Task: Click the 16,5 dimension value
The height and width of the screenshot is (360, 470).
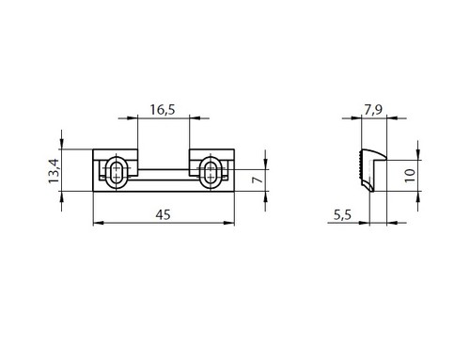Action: click(x=163, y=110)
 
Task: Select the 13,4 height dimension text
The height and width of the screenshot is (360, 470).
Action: click(x=54, y=171)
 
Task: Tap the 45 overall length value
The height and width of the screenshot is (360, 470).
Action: click(x=163, y=215)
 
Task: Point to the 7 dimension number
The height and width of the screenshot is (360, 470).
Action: click(x=258, y=180)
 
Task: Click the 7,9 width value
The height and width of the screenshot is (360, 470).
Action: click(x=373, y=110)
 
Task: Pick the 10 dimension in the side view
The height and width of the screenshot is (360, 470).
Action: click(x=410, y=176)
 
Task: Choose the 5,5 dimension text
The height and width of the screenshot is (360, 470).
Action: click(x=342, y=215)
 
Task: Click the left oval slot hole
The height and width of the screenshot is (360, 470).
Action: click(x=117, y=173)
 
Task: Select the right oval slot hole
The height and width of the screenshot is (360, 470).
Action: click(x=211, y=173)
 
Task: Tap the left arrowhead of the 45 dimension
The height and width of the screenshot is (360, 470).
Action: click(x=99, y=223)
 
